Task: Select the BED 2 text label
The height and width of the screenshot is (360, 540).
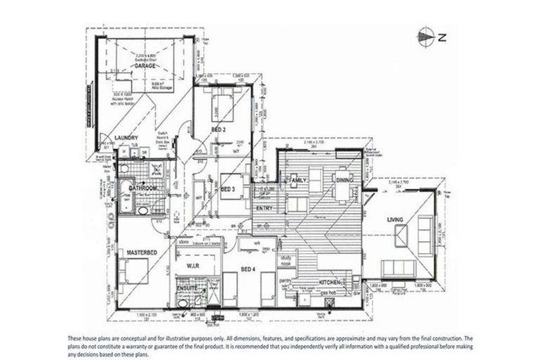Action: point(218,130)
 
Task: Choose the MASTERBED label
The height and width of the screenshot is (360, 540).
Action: point(140,251)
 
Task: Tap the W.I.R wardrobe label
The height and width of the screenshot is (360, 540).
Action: point(194,265)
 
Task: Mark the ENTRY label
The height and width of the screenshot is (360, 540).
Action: point(264,208)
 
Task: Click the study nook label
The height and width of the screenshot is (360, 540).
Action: point(285,263)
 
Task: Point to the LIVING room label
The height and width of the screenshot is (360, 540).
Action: point(395,221)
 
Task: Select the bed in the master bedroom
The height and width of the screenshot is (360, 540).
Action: point(134,271)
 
